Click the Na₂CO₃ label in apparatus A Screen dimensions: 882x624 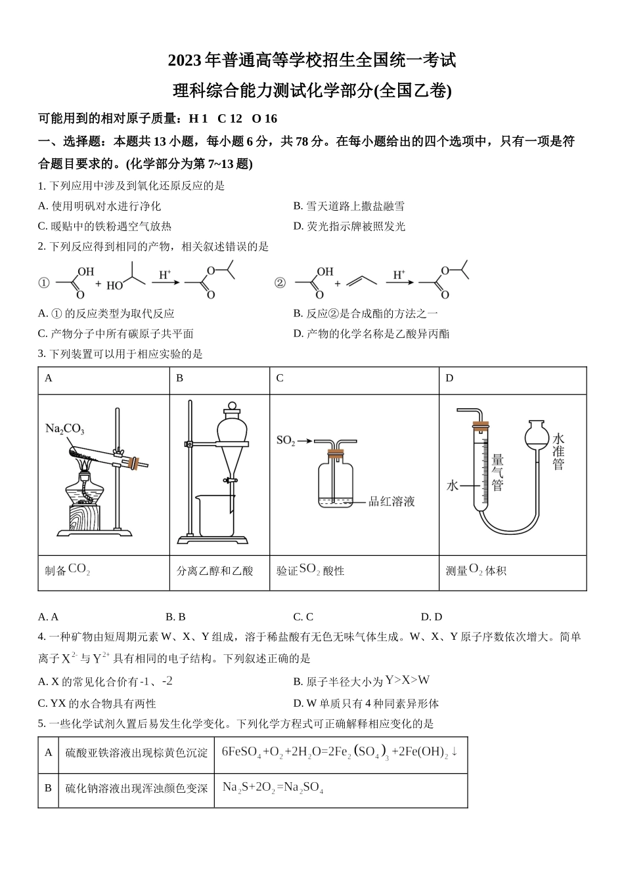[x=64, y=429]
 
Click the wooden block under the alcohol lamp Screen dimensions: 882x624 [x=83, y=517]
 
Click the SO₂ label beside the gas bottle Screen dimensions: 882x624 [x=285, y=440]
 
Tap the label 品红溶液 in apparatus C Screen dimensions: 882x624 [x=391, y=502]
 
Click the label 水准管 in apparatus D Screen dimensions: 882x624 [x=558, y=451]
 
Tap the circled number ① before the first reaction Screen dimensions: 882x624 [x=44, y=283]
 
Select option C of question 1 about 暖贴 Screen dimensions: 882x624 [x=105, y=226]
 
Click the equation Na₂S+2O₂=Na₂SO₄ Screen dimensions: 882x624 [x=273, y=787]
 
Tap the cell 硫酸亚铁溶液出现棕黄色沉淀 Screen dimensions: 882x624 [x=136, y=753]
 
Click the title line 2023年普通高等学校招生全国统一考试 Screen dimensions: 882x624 [x=311, y=61]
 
